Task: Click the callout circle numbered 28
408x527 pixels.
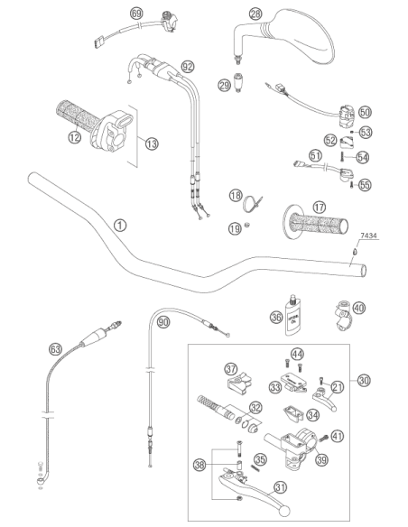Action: [255, 14]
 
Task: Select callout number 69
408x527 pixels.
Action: [136, 14]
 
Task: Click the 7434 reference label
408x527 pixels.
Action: [368, 236]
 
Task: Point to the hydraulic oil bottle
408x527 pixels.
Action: [293, 316]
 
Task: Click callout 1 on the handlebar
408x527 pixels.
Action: [120, 226]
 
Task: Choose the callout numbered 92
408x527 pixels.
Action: [188, 67]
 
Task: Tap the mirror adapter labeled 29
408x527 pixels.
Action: [238, 82]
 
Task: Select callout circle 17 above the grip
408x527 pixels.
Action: [319, 207]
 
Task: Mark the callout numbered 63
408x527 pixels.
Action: [55, 349]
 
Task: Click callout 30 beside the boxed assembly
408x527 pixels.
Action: [363, 381]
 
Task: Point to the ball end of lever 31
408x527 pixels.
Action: [284, 511]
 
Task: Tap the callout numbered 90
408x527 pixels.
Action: [163, 322]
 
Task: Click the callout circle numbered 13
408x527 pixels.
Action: [152, 143]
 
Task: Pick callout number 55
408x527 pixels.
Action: [365, 185]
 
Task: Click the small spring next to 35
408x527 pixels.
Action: [255, 467]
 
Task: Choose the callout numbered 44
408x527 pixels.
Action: [297, 354]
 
